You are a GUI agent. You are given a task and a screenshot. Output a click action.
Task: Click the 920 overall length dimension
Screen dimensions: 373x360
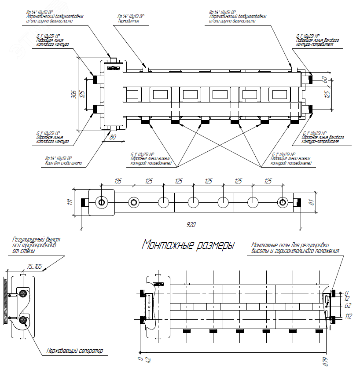click(191, 224)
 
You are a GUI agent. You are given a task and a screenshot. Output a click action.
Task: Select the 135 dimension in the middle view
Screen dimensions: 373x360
click(118, 181)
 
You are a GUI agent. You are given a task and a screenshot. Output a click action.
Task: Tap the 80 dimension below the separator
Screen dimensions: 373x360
click(112, 137)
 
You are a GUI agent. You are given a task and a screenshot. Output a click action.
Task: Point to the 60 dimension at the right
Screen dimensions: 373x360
click(325, 79)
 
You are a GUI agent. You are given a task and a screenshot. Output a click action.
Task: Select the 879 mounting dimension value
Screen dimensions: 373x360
click(325, 362)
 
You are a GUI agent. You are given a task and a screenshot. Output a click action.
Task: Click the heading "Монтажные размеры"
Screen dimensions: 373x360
click(188, 245)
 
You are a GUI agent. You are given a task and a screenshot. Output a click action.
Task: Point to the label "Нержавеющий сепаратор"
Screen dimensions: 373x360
click(74, 351)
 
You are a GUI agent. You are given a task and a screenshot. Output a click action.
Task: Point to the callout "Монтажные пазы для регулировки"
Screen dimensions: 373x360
click(290, 245)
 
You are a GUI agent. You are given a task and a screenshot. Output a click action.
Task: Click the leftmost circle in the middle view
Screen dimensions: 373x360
click(101, 202)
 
